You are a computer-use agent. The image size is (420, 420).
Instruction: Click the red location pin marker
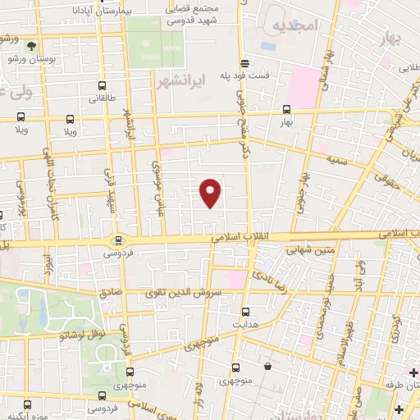[211, 193]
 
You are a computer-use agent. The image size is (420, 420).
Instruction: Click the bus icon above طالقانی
[102, 85]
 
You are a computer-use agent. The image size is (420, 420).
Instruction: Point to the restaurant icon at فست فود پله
[244, 63]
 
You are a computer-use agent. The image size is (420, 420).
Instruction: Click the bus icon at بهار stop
[286, 108]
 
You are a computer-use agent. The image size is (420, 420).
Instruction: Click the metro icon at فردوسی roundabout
[120, 240]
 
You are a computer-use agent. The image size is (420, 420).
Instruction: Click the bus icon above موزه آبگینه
[28, 404]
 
